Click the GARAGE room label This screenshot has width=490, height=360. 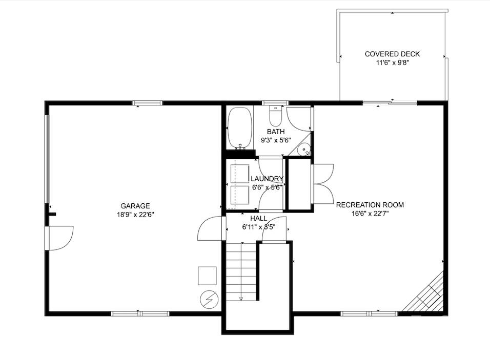pyautogui.click(x=135, y=206)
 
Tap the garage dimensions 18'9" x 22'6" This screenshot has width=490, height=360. pyautogui.click(x=135, y=215)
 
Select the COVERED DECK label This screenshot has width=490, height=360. pyautogui.click(x=392, y=54)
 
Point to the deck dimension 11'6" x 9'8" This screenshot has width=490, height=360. pyautogui.click(x=392, y=63)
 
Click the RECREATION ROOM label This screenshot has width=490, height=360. pyautogui.click(x=370, y=205)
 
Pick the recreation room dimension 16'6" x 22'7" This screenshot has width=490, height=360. pyautogui.click(x=370, y=214)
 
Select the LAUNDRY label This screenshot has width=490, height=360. pyautogui.click(x=267, y=179)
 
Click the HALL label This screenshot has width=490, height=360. pyautogui.click(x=258, y=218)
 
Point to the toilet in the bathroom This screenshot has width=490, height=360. pyautogui.click(x=276, y=117)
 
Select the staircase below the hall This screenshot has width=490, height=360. pyautogui.click(x=241, y=271)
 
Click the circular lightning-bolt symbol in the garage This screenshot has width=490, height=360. pyautogui.click(x=209, y=300)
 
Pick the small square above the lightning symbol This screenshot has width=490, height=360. pyautogui.click(x=208, y=276)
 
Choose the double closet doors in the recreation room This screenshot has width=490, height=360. pyautogui.click(x=323, y=184)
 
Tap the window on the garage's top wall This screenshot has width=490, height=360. pyautogui.click(x=148, y=103)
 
